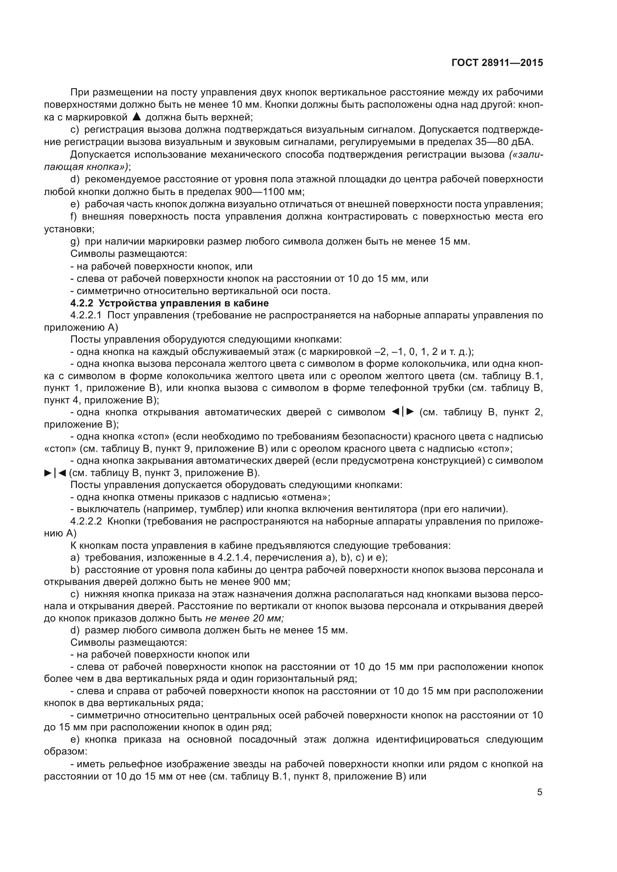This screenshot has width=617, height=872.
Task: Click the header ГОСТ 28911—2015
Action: (x=497, y=63)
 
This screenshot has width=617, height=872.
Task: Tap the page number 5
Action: (x=539, y=792)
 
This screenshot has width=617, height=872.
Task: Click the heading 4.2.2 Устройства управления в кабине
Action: (x=169, y=303)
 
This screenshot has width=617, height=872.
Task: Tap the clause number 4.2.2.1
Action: (x=86, y=315)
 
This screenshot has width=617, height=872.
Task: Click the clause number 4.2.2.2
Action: (x=86, y=522)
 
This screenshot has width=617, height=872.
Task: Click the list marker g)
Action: (x=75, y=242)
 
